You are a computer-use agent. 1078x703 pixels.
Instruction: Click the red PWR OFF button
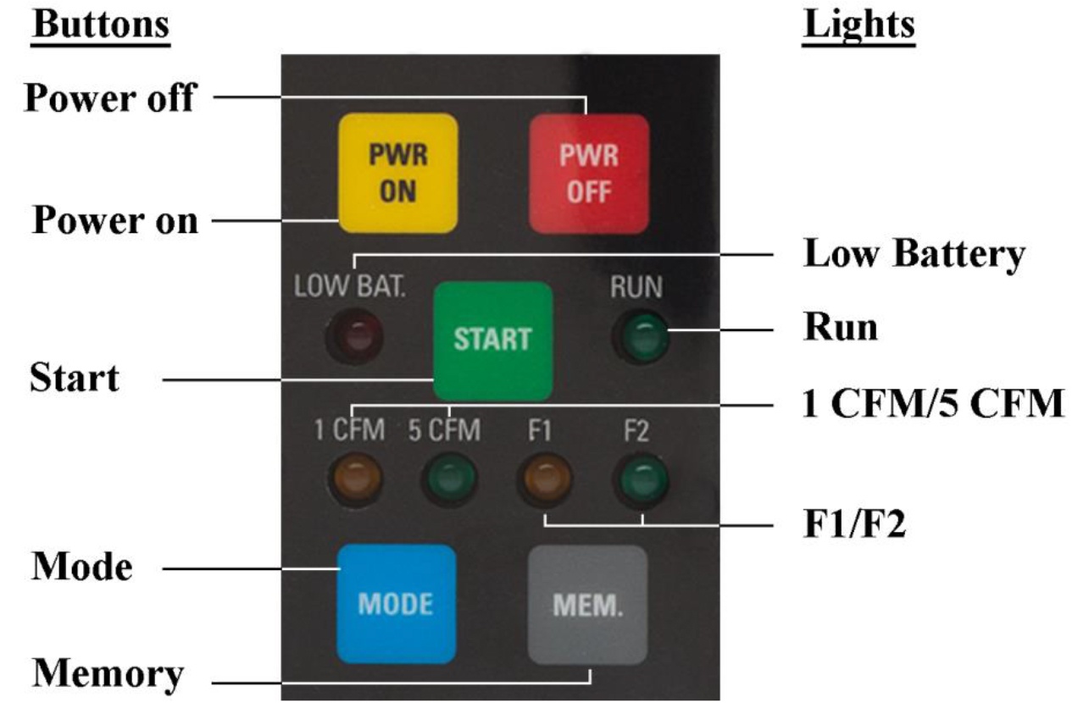coord(589,174)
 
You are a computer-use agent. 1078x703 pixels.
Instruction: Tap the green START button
coord(492,340)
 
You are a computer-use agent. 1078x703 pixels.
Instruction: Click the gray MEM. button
coord(588,603)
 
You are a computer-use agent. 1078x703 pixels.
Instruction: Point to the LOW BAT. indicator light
coord(354,335)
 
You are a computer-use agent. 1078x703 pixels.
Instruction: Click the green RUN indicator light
coord(641,339)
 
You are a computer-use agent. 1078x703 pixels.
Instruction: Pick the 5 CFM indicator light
coord(450,479)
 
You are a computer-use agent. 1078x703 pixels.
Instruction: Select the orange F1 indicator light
coord(545,479)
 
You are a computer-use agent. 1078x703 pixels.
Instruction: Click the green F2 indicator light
coord(642,479)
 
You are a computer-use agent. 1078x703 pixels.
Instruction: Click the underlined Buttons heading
coord(101,25)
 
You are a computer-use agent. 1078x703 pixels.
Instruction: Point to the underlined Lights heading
coord(859,25)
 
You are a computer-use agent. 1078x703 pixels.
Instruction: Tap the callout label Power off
coord(109,98)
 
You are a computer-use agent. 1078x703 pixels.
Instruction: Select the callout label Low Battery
coord(914,253)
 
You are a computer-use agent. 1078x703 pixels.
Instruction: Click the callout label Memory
coord(108,675)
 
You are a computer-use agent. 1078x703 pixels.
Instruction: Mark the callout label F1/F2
coord(853,524)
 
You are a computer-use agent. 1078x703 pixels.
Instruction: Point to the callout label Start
coord(75,378)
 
